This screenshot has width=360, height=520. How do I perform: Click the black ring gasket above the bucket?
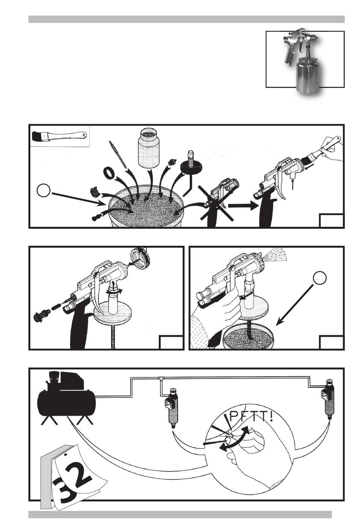click(x=108, y=173)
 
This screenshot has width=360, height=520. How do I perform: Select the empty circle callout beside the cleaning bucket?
click(x=44, y=190)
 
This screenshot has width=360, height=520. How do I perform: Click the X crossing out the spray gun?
click(x=216, y=203)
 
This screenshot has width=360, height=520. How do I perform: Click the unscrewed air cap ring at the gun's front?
click(x=140, y=258)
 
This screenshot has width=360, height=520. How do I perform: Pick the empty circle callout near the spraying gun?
click(x=319, y=278)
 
